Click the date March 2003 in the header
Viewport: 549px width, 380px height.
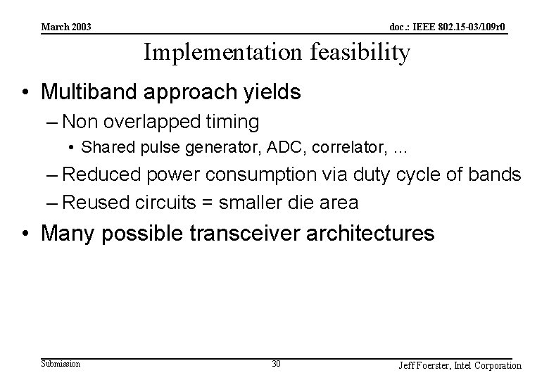(x=66, y=27)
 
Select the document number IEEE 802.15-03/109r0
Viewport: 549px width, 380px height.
(x=448, y=27)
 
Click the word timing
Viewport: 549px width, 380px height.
(x=230, y=122)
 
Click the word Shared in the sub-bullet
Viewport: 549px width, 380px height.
(x=103, y=148)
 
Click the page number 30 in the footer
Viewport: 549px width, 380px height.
(x=276, y=364)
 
